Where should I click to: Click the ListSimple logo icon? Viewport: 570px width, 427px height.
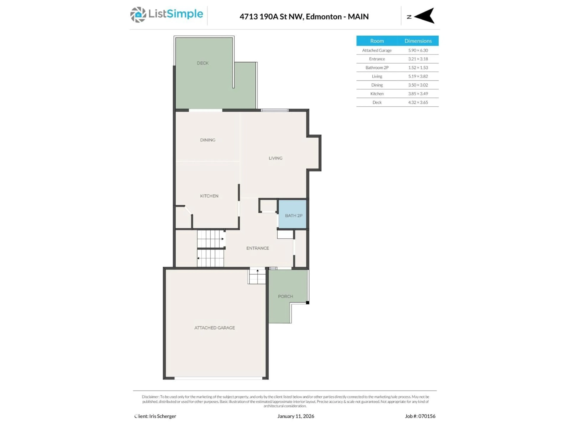[138, 15]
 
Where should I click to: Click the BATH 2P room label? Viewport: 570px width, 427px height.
[293, 215]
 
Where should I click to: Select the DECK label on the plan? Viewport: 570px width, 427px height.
[202, 63]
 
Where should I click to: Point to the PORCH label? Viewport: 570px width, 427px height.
[285, 296]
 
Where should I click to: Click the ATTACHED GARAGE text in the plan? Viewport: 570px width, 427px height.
[214, 328]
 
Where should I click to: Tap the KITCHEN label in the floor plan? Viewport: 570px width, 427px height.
[209, 196]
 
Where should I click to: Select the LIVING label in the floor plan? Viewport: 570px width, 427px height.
[275, 158]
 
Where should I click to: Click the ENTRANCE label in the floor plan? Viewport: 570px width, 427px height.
[257, 248]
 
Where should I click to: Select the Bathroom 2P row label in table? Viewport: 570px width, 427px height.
[377, 68]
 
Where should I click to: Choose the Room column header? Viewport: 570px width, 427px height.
[377, 41]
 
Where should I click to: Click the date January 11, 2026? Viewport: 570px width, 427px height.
[296, 416]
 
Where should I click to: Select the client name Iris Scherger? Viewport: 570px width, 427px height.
[162, 416]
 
